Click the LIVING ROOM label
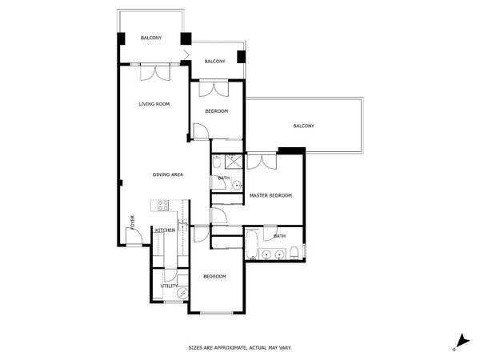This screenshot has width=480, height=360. click(154, 104)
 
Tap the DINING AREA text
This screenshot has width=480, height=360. click(169, 174)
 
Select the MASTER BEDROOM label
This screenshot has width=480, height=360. click(270, 195)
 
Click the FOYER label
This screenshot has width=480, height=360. click(134, 222)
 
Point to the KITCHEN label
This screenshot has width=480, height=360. click(166, 230)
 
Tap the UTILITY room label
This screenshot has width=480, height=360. click(169, 286)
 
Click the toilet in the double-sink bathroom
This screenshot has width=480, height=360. click(294, 254)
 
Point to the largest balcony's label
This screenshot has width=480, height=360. click(303, 126)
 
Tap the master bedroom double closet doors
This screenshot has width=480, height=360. click(262, 162)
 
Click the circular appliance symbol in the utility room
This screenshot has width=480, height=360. click(182, 294)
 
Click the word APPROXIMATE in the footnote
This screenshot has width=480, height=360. click(230, 347)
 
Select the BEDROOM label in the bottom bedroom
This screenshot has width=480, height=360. click(214, 276)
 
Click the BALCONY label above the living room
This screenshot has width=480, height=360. click(152, 38)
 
